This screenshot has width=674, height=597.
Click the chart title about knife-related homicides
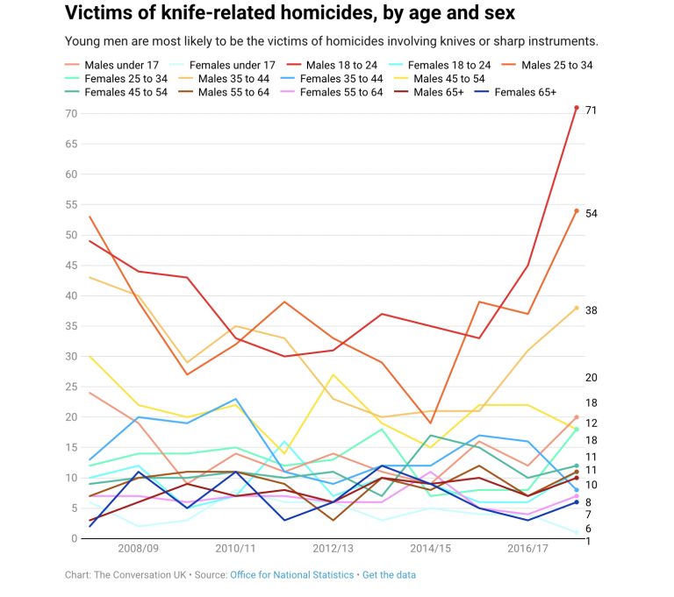click(x=290, y=14)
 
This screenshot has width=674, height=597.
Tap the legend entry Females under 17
click(x=232, y=65)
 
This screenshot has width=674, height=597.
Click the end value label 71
click(x=592, y=110)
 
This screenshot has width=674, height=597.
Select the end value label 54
click(x=592, y=213)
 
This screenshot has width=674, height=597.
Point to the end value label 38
click(x=592, y=310)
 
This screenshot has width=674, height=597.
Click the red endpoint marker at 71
click(x=577, y=108)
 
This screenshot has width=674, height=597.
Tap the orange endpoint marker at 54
click(x=577, y=211)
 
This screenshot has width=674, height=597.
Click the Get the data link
click(x=389, y=575)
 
